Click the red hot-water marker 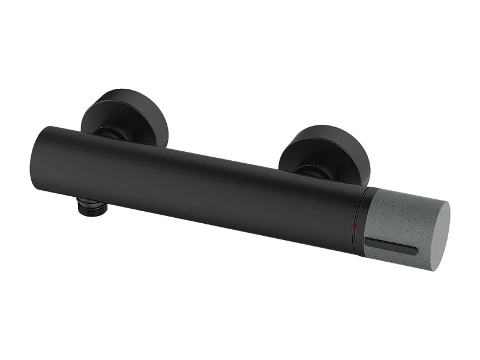pos(355,229)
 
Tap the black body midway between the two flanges pos(210,180)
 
